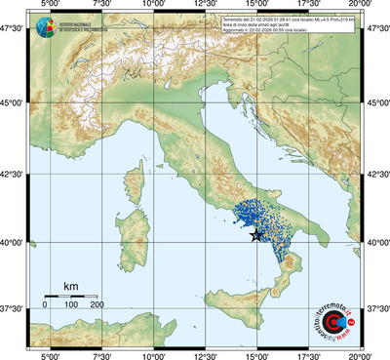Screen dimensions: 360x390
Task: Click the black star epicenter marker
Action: (255, 234)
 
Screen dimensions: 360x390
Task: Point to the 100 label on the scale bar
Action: (70, 305)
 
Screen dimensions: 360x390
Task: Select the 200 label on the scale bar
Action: (97, 305)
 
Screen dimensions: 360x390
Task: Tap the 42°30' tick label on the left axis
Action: (14, 173)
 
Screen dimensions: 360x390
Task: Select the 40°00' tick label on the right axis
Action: (376, 241)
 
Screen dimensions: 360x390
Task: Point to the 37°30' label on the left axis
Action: (14, 307)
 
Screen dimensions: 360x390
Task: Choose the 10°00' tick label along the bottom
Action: (153, 353)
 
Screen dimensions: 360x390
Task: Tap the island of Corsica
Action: (134, 178)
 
